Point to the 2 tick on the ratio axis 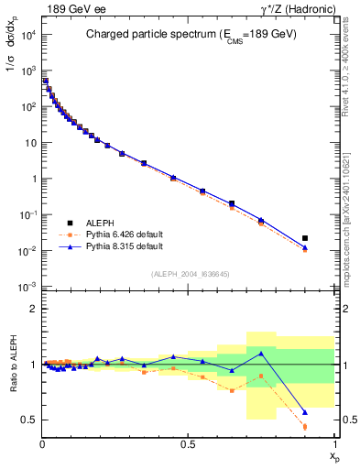[x=33, y=309]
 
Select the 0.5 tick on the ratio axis [x=30, y=420]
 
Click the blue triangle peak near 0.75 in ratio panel [x=261, y=353]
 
